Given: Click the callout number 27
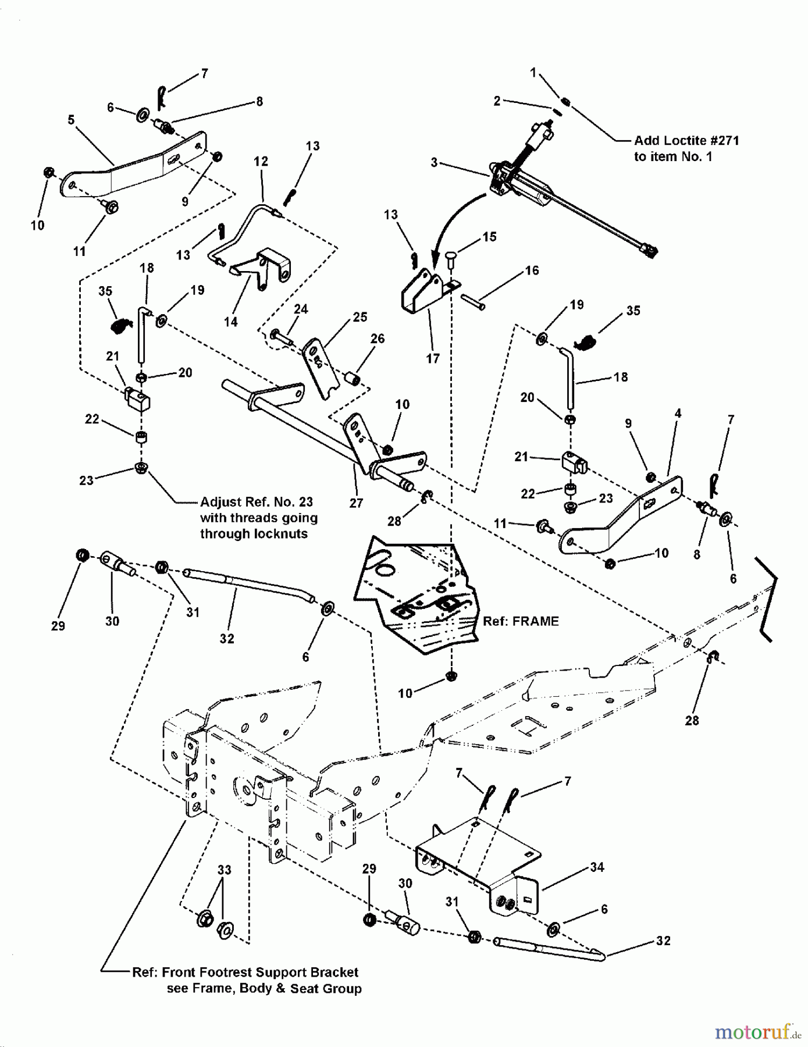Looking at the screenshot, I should coord(356,503).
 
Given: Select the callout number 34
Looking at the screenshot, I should coord(597,867).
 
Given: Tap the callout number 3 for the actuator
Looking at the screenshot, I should coord(434,163).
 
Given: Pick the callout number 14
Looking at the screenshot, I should coord(231,322).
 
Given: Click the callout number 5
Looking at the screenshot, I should coord(71,120).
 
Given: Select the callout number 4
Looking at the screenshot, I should coord(678,414).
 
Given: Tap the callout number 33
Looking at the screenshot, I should coord(224,870).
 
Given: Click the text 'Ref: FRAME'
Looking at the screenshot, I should coord(521,621).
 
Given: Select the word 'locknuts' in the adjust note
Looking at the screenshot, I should coord(282,533).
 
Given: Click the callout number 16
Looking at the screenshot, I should coord(532,270).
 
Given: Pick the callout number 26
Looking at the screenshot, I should coord(378,339).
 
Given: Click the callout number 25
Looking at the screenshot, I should coord(360,317).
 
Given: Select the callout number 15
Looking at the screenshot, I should coord(489,237).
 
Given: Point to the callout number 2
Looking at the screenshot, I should coord(497,101).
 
